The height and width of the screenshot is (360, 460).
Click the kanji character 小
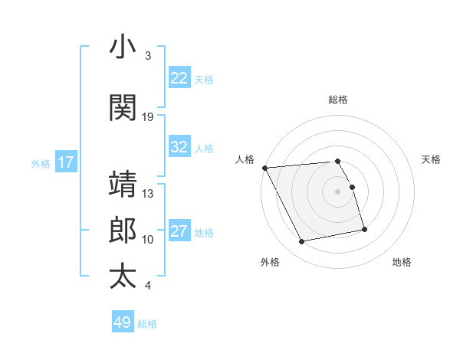pyautogui.click(x=123, y=47)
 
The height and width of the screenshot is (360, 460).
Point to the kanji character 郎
pyautogui.click(x=123, y=230)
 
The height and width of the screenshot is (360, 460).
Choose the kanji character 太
pyautogui.click(x=123, y=276)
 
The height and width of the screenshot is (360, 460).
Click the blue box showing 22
pyautogui.click(x=179, y=78)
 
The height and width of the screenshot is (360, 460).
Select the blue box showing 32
pyautogui.click(x=179, y=147)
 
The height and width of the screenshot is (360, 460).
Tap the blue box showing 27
pyautogui.click(x=179, y=231)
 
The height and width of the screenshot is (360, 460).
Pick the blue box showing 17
pyautogui.click(x=65, y=162)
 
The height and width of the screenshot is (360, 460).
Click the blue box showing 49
pyautogui.click(x=122, y=322)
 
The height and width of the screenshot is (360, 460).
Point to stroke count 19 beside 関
pyautogui.click(x=148, y=116)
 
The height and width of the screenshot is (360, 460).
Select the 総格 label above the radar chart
pyautogui.click(x=338, y=100)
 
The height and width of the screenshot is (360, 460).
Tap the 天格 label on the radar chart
pyautogui.click(x=431, y=159)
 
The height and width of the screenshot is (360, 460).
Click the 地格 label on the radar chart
pyautogui.click(x=402, y=262)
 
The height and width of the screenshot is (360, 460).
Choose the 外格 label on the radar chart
pyautogui.click(x=270, y=262)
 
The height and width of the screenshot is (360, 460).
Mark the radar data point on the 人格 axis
pyautogui.click(x=264, y=168)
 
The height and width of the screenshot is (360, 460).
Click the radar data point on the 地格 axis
pyautogui.click(x=364, y=229)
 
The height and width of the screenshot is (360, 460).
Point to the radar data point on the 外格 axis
pyautogui.click(x=302, y=242)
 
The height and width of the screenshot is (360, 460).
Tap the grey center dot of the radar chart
pyautogui.click(x=338, y=191)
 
